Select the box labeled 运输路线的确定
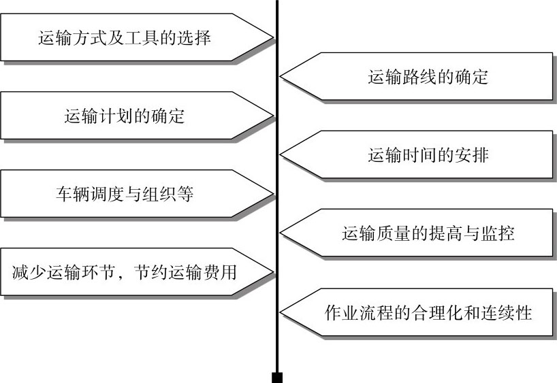428,77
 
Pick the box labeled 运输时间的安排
428,155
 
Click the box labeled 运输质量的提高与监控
428,233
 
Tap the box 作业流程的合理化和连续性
428,312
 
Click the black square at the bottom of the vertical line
277,377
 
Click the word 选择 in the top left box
196,37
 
